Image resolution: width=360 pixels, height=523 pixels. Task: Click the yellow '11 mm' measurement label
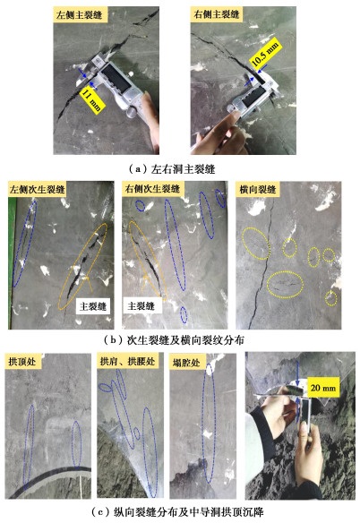pos(94,99)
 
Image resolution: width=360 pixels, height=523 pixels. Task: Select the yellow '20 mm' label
pos(323,387)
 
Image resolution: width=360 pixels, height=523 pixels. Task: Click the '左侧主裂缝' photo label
pos(79,14)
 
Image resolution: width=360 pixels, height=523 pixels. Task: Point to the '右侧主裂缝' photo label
pos(217,14)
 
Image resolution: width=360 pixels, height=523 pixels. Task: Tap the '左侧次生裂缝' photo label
pos(37,189)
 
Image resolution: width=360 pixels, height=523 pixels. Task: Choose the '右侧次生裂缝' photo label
pos(152,189)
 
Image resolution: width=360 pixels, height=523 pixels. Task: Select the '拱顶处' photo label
pos(22,361)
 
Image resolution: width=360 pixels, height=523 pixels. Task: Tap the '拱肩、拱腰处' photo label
pos(127,361)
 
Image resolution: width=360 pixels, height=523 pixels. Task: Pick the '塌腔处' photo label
pos(186,362)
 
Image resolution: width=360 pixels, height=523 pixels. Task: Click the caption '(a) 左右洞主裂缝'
pos(172,169)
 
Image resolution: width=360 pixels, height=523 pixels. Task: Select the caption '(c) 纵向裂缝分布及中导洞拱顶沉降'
pos(177,511)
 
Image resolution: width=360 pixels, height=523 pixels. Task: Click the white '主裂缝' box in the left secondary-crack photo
pos(93,306)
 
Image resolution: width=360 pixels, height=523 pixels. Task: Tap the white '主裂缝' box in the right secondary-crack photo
pos(142,305)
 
